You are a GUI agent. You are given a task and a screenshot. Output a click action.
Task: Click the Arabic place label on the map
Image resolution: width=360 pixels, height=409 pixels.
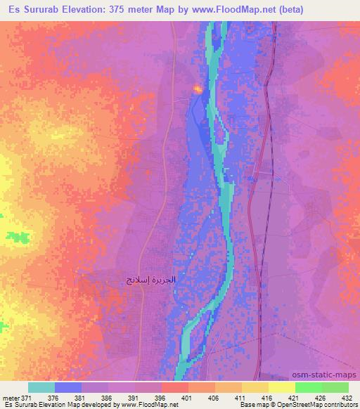[149, 280]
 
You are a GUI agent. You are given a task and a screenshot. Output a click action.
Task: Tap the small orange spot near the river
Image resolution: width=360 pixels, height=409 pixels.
[198, 89]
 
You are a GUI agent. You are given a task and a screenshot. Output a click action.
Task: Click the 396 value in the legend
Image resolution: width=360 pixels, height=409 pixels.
[160, 398]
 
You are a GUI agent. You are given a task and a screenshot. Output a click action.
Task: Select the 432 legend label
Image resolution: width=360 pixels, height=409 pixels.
[348, 398]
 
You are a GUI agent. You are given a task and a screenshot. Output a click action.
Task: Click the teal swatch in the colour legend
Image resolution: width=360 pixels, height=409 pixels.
[41, 388]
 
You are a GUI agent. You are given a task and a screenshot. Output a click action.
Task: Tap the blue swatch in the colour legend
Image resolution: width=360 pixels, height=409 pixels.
[68, 388]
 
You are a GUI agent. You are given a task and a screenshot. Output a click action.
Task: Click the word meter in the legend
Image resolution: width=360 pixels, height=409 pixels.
[9, 398]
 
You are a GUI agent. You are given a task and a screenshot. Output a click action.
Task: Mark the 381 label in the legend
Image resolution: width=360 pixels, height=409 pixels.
[80, 398]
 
